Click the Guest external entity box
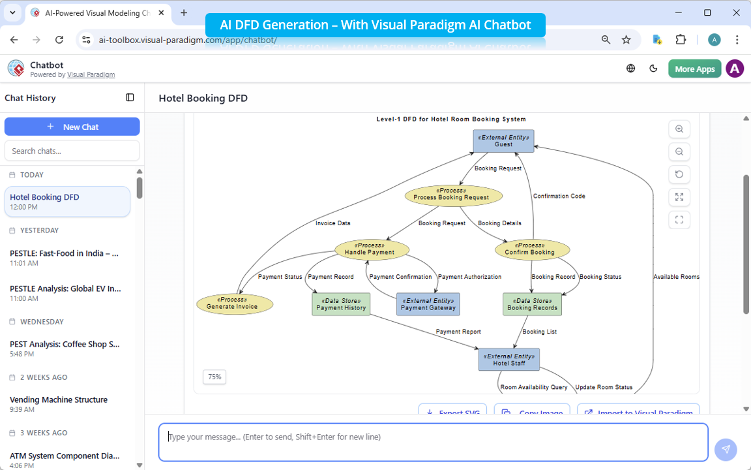(x=503, y=141)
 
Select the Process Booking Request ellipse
(x=454, y=195)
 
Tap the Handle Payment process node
(x=372, y=249)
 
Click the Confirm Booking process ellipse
(x=533, y=249)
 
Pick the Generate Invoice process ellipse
(x=235, y=304)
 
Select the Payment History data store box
(x=341, y=304)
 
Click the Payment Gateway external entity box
(x=428, y=304)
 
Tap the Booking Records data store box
(x=532, y=304)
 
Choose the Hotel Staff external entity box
(x=508, y=360)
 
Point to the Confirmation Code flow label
(x=559, y=196)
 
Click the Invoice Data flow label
(x=333, y=223)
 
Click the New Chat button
(x=72, y=127)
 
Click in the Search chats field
(x=72, y=151)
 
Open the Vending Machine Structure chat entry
(x=59, y=399)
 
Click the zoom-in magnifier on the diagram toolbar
(x=679, y=129)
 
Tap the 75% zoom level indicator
(x=214, y=377)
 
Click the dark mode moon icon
(x=654, y=69)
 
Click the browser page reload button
(x=59, y=40)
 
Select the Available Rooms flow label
(x=676, y=277)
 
